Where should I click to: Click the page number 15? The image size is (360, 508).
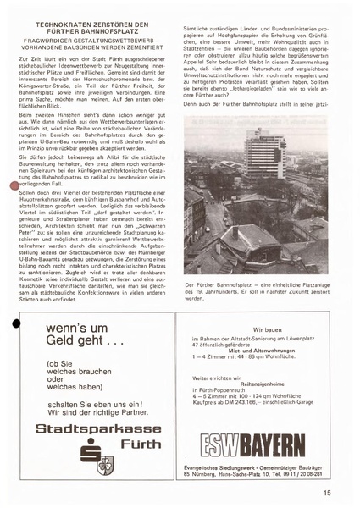click(x=325, y=489)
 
